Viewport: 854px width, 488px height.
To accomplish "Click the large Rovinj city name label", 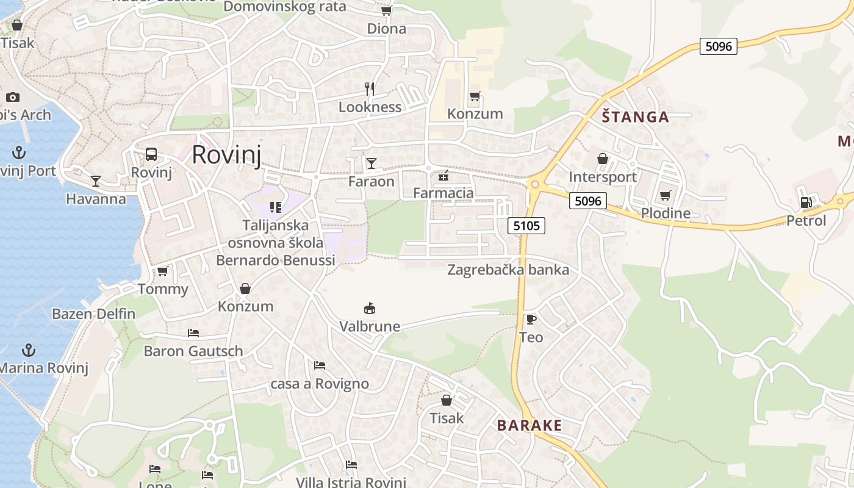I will (x=226, y=155).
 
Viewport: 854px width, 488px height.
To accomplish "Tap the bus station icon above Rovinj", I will (x=151, y=154).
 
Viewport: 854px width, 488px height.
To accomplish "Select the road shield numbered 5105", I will (x=526, y=226).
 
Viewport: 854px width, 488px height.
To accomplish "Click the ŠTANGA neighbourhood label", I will (x=635, y=117).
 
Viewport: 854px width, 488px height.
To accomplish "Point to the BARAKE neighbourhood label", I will (x=529, y=425).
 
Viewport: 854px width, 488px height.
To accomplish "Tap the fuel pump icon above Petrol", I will (x=806, y=203).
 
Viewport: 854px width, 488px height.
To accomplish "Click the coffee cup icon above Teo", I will (x=531, y=319).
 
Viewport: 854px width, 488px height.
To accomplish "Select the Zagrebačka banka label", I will (x=508, y=270).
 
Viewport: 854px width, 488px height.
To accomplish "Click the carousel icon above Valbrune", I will (x=370, y=308).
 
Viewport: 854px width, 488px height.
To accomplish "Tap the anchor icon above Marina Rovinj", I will (x=28, y=350).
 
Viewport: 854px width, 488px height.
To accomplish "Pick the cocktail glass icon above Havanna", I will (x=96, y=181).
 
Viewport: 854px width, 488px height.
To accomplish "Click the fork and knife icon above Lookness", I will (x=370, y=89).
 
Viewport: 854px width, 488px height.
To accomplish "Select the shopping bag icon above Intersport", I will (x=603, y=159).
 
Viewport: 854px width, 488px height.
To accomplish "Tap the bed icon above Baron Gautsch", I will (x=193, y=333).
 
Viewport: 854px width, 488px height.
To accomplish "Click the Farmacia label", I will (x=443, y=193).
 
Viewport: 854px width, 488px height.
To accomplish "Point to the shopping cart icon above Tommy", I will (x=162, y=271).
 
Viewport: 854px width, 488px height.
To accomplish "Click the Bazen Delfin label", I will (x=93, y=314).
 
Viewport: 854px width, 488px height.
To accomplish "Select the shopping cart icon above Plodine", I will (x=665, y=196).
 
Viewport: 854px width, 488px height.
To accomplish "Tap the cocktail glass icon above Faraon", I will (x=371, y=163).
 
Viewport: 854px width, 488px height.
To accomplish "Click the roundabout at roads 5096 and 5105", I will (x=535, y=184).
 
